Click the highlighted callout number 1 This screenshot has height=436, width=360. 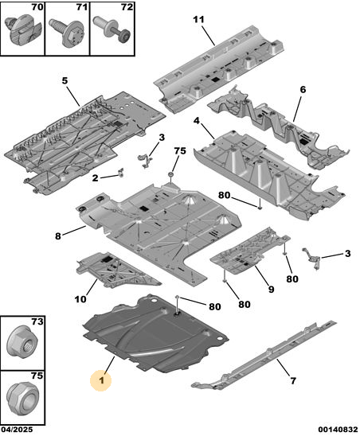pos(101,380)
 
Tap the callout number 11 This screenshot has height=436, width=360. pos(198,19)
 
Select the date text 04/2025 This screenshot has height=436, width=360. pos(17,430)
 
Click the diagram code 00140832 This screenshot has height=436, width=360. pos(338,430)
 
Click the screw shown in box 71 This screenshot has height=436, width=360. pos(68,32)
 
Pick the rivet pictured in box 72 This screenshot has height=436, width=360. pos(112,29)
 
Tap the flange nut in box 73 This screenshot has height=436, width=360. pos(22,341)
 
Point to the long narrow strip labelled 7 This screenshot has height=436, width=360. pos(264,356)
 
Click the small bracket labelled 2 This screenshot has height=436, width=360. pos(121,173)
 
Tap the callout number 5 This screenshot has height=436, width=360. pos(65,81)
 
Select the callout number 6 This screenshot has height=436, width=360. pos(303,90)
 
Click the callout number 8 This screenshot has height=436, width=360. pos(58,236)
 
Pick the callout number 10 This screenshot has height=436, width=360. pos(80,299)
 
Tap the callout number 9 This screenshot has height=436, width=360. pos(271,290)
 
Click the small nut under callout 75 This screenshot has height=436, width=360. pos(170,174)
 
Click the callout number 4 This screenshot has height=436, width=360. pos(197,121)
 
